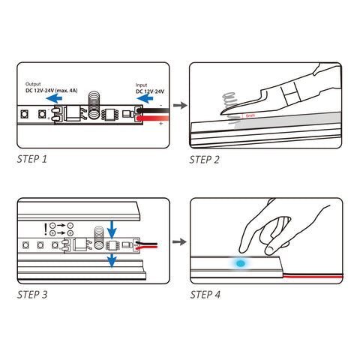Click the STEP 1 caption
click(x=32, y=159)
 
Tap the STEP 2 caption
click(x=204, y=160)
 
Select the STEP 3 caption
click(x=32, y=295)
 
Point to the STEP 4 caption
click(x=205, y=295)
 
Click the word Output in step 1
click(x=33, y=84)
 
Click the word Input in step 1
click(x=141, y=85)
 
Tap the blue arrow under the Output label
click(x=54, y=98)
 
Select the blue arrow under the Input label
click(x=145, y=98)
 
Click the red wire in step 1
click(x=153, y=118)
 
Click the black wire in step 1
click(x=153, y=110)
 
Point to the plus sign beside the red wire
click(x=160, y=124)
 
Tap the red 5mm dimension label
click(x=250, y=115)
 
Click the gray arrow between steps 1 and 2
click(x=180, y=105)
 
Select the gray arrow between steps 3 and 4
click(x=179, y=241)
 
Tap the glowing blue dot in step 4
click(x=241, y=263)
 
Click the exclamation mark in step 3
click(x=46, y=229)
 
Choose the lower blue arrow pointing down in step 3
click(x=112, y=261)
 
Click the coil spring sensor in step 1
click(x=94, y=105)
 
